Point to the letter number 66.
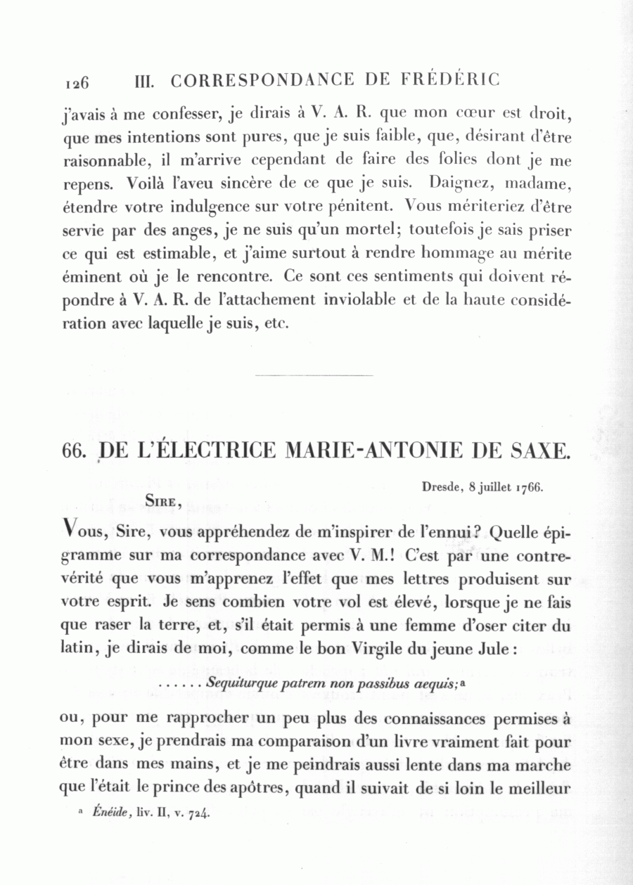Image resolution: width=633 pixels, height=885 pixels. (73, 450)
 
